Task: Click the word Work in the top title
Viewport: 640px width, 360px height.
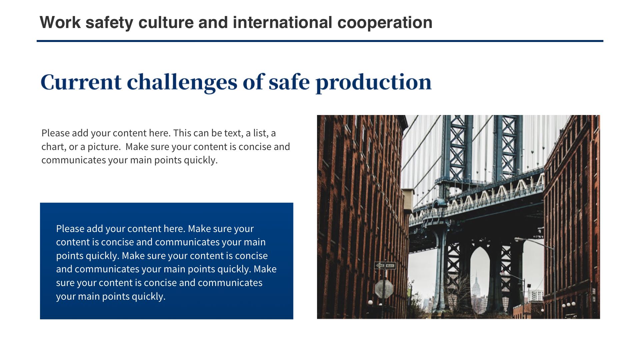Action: coord(60,22)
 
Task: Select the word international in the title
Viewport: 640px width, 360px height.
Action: coord(282,22)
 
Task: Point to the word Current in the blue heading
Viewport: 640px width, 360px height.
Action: coord(81,82)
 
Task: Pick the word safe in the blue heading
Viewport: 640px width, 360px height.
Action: coord(289,82)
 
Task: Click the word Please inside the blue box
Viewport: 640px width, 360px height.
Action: coord(70,229)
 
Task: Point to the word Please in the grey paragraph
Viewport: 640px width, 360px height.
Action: coord(55,133)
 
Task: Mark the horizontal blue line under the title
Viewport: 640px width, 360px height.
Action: coord(320,41)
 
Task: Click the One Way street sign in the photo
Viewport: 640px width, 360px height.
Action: coord(385,265)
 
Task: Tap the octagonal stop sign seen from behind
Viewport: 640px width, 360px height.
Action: coord(384,289)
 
